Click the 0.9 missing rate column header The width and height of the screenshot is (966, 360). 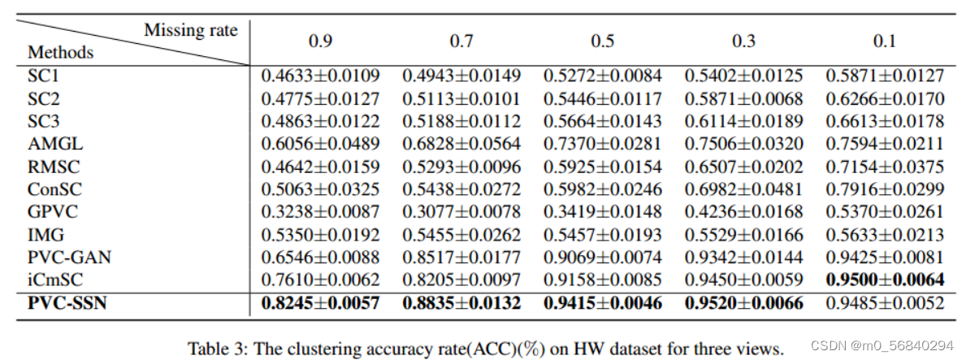pyautogui.click(x=320, y=41)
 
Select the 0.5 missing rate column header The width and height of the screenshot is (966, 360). pyautogui.click(x=602, y=41)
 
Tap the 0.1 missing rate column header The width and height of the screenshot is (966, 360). pyautogui.click(x=885, y=41)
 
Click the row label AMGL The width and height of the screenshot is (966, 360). pyautogui.click(x=55, y=145)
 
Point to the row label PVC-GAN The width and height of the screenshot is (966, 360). pyautogui.click(x=68, y=258)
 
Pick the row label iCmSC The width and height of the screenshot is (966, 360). pyautogui.click(x=55, y=280)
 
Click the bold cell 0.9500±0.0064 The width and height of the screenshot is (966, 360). pyautogui.click(x=885, y=280)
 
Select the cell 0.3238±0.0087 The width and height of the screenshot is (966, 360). pyautogui.click(x=320, y=213)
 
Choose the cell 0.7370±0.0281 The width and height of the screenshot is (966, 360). pyautogui.click(x=602, y=145)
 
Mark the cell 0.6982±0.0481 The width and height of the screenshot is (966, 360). pyautogui.click(x=743, y=190)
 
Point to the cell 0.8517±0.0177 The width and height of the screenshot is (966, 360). pyautogui.click(x=461, y=258)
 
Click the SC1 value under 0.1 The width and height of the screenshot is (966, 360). pyautogui.click(x=885, y=76)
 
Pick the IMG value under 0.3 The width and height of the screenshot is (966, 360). pyautogui.click(x=743, y=236)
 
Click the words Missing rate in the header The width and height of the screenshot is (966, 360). pyautogui.click(x=191, y=31)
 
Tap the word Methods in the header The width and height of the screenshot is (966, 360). pyautogui.click(x=61, y=53)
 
